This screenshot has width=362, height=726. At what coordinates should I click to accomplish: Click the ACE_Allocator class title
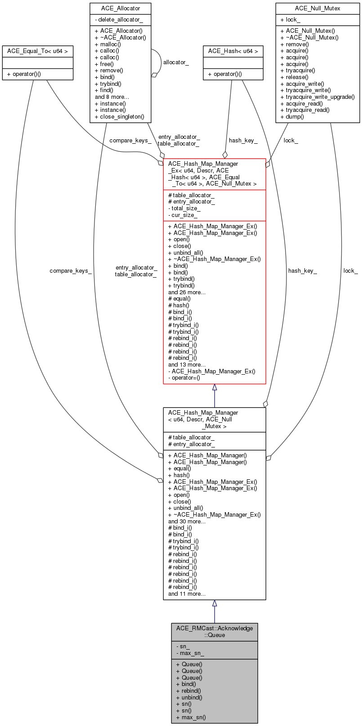[120, 8]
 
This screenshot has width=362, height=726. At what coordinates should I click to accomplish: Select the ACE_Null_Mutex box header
[317, 8]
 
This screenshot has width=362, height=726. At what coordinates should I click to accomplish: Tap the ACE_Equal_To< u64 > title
[37, 51]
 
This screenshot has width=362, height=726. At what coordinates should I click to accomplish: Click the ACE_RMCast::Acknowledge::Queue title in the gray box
[215, 631]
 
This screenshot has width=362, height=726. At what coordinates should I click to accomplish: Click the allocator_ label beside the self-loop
[176, 62]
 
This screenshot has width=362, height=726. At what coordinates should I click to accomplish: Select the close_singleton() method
[119, 116]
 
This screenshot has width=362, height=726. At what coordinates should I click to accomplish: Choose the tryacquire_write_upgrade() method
[317, 97]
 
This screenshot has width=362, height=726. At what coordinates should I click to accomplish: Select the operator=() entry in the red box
[184, 378]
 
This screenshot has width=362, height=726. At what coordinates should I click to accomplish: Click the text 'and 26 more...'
[187, 292]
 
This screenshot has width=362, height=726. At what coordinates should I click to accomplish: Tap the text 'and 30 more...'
[187, 521]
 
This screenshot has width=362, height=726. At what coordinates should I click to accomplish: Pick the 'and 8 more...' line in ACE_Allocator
[112, 97]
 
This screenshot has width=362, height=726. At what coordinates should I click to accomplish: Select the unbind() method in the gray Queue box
[189, 697]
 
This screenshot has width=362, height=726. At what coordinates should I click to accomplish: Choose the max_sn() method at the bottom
[191, 717]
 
